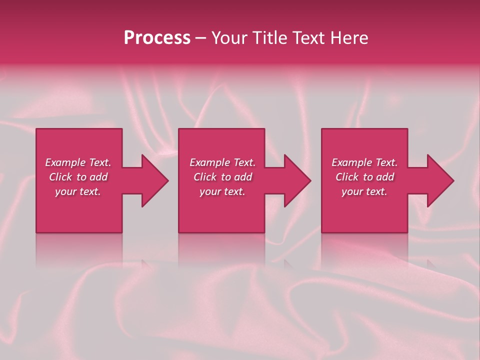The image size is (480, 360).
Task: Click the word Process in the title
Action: [x=157, y=38]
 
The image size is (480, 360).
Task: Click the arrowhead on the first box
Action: [x=152, y=180]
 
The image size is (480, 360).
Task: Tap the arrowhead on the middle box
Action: [x=295, y=180]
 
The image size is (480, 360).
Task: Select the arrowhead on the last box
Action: [x=438, y=180]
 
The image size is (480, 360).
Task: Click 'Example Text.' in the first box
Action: [x=78, y=162]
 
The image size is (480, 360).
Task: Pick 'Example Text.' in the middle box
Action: [x=222, y=162]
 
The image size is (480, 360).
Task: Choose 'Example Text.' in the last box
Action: [x=364, y=162]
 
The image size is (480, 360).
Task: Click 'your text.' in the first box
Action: [x=78, y=191]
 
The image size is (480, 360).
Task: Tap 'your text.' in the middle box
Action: [x=222, y=191]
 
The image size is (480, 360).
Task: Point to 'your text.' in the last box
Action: [x=364, y=191]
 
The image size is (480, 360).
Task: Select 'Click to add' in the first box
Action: [x=78, y=177]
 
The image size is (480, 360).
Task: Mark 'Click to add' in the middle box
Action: [x=222, y=177]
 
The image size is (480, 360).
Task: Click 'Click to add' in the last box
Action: [x=364, y=177]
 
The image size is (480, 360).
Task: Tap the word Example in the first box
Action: [x=65, y=162]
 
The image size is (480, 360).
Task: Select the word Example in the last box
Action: [x=351, y=162]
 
